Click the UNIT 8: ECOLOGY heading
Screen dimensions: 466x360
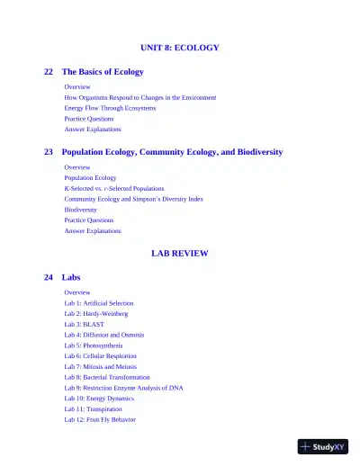point(179,48)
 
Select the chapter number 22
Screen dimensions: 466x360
point(49,72)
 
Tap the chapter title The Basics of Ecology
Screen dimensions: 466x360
point(102,72)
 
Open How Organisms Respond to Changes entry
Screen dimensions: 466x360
point(139,97)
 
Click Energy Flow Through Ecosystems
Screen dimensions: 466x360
point(110,108)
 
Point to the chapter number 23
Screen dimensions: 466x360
point(49,153)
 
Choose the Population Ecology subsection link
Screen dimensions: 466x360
point(90,178)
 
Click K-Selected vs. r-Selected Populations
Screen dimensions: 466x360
point(113,189)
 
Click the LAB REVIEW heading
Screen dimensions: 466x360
point(179,254)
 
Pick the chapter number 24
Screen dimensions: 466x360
point(49,278)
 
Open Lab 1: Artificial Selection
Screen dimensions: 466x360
point(98,304)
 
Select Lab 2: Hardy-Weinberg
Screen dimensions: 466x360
point(95,314)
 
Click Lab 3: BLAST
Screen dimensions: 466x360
point(84,325)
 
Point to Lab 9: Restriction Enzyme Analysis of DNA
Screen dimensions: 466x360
point(123,388)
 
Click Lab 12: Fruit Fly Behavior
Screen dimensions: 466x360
point(99,419)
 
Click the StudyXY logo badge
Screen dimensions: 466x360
point(322,446)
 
